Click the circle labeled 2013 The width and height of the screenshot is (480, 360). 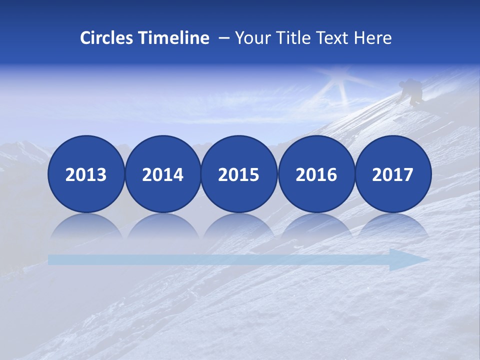[86, 174]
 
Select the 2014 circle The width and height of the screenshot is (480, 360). [162, 174]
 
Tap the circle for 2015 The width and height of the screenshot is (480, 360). [239, 174]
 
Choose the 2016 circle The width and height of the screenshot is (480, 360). [316, 174]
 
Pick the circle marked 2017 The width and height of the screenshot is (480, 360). [392, 174]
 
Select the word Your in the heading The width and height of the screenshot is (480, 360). [252, 38]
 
